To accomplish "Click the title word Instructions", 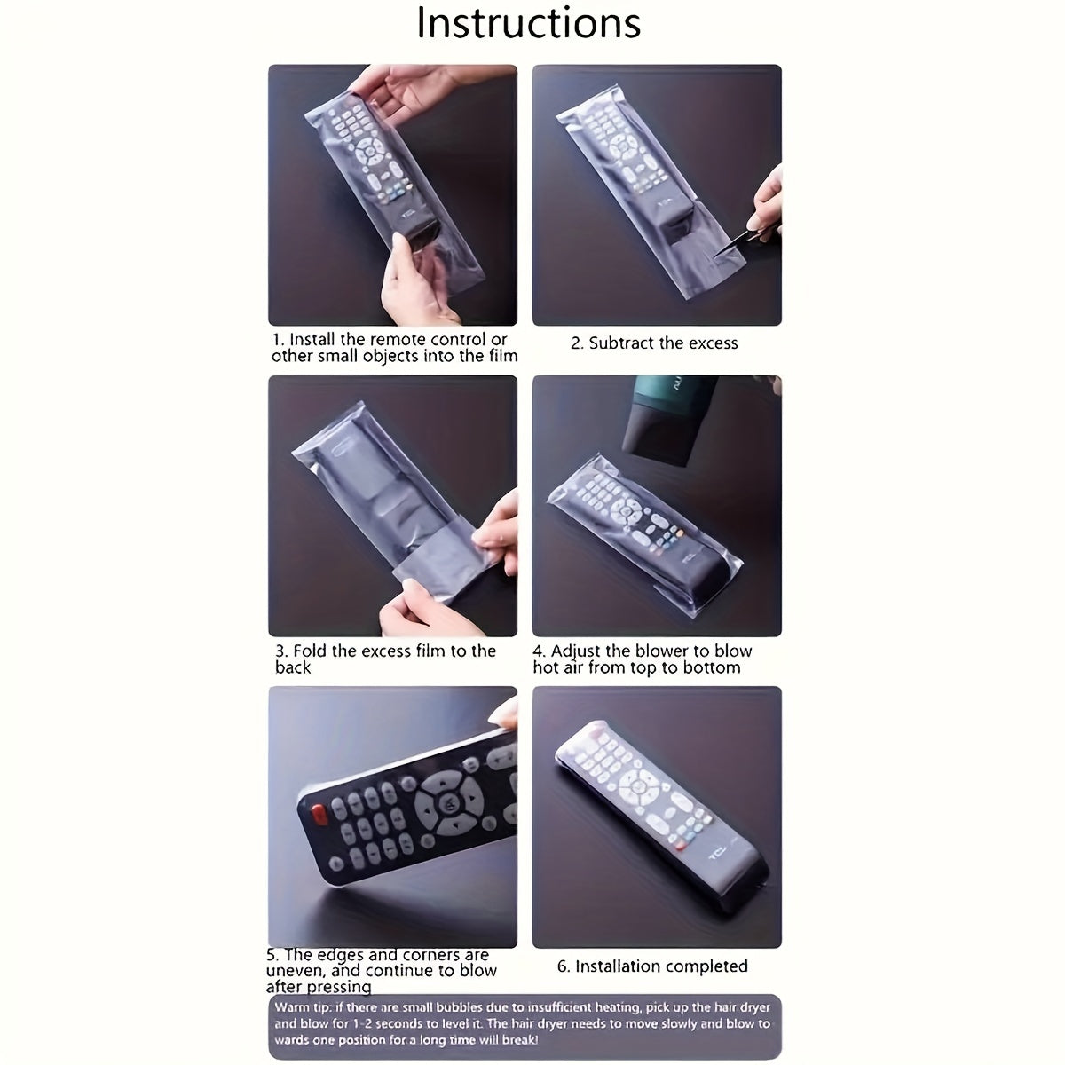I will [x=529, y=24].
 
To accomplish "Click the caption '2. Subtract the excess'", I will [x=654, y=343].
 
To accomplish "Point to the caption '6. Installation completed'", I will [x=652, y=966].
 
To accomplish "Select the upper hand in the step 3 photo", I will [x=497, y=524].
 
